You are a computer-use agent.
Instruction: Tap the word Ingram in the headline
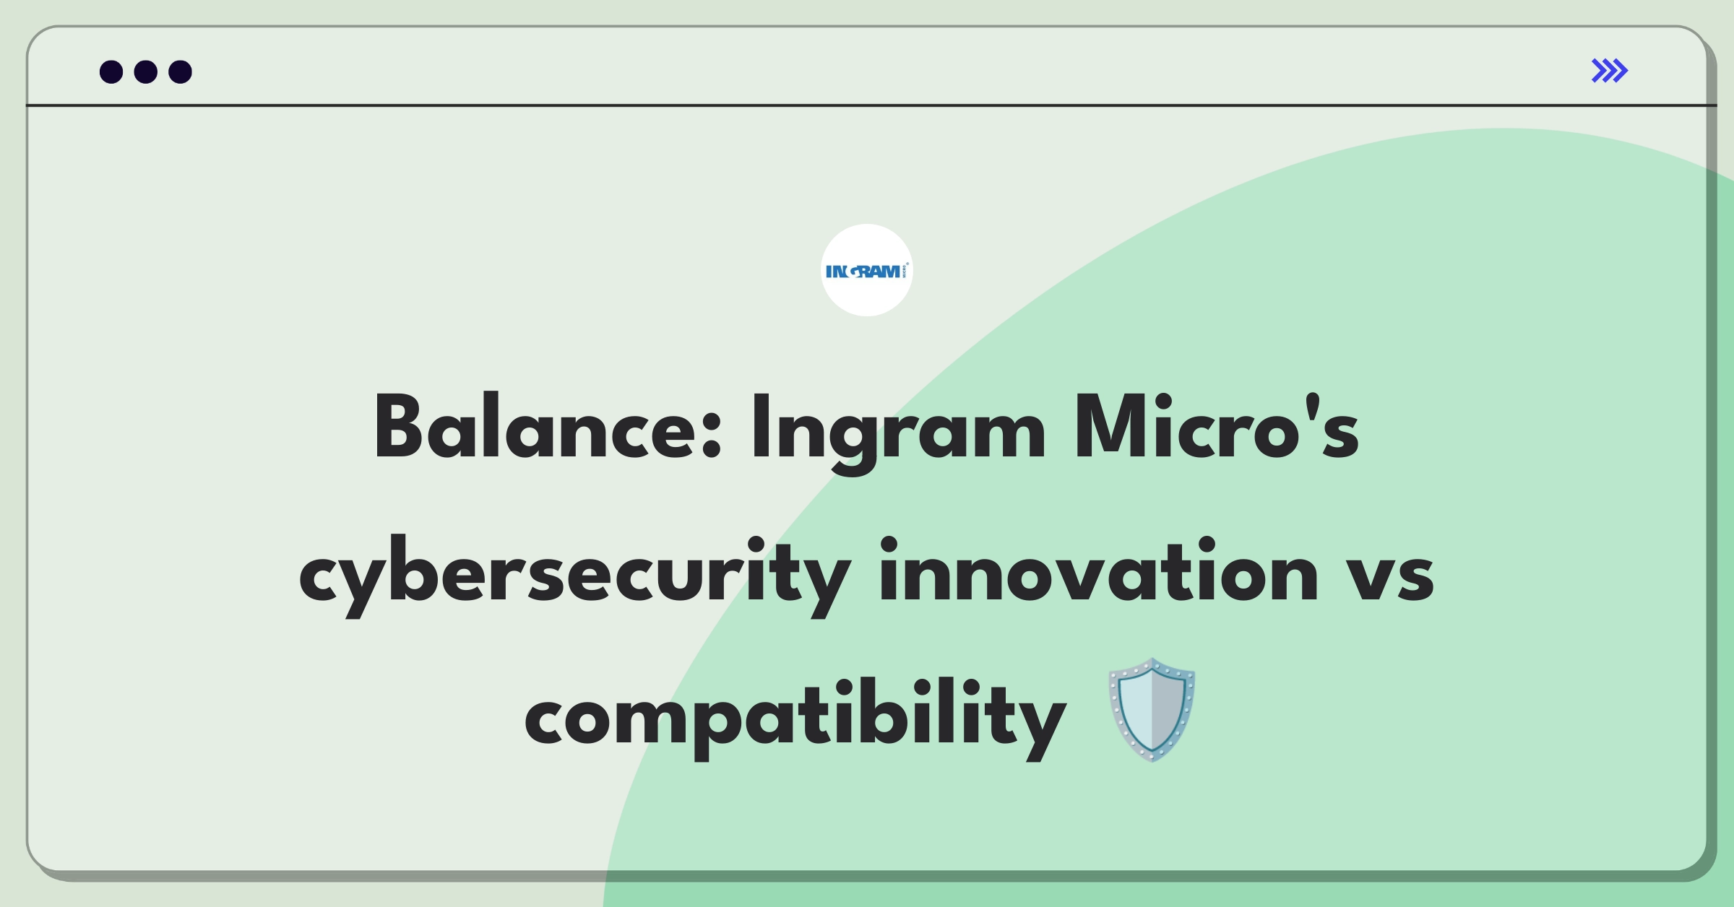tap(898, 434)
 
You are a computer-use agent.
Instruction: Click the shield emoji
tap(1152, 709)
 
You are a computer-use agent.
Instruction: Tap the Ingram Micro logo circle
tap(867, 270)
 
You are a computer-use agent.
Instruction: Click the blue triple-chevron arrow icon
tap(1610, 71)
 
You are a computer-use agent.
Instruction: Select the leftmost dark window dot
tap(111, 71)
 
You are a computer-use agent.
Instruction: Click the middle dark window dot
tap(146, 71)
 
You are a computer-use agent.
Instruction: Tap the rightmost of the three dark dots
tap(181, 71)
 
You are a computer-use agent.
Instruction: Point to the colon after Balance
tap(711, 435)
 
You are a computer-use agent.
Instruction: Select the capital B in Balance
tap(399, 427)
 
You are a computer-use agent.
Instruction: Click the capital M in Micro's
tap(1110, 427)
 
